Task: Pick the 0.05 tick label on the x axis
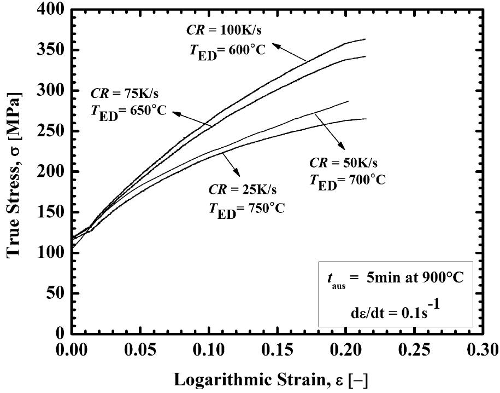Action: click(138, 349)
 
